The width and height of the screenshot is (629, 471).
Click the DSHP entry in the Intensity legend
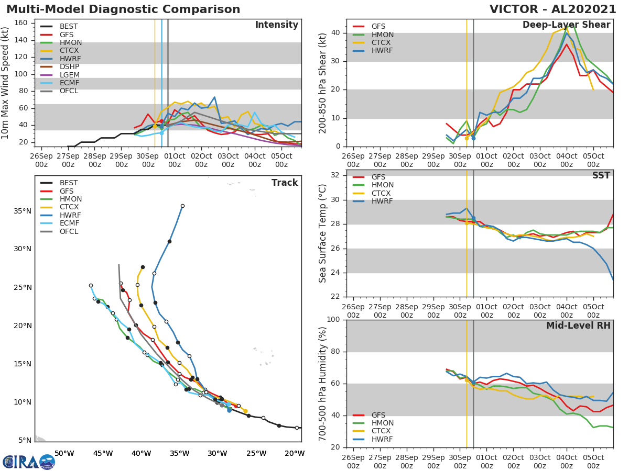[69, 66]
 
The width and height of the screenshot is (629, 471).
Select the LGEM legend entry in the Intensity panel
[69, 75]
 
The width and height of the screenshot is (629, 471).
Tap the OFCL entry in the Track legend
[69, 231]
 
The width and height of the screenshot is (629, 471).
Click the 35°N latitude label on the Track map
[23, 211]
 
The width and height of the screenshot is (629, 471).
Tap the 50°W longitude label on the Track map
[64, 453]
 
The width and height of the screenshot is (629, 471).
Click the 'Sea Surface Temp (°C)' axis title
[323, 233]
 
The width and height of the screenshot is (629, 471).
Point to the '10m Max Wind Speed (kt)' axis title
[6, 83]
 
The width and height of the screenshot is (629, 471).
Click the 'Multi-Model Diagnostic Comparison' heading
[123, 9]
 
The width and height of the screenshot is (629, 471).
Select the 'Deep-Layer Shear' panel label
[566, 25]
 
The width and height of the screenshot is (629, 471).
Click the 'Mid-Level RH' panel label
[578, 326]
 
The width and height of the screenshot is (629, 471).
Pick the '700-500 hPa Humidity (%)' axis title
[323, 383]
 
